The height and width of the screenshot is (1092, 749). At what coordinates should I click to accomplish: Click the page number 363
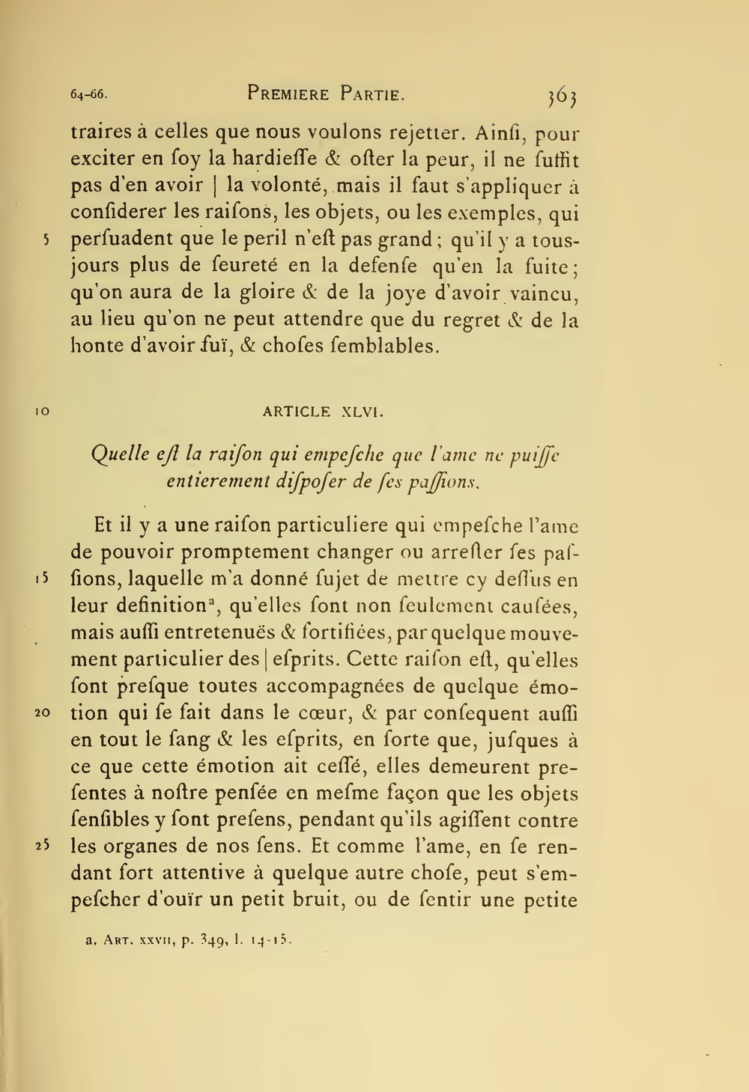pos(562,96)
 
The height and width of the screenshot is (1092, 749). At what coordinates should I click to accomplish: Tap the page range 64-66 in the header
pos(89,95)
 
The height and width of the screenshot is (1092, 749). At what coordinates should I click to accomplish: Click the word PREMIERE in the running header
pos(288,94)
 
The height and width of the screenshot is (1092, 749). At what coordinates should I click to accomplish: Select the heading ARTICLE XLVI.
pos(324,412)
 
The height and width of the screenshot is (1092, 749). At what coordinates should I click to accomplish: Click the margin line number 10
pos(42,412)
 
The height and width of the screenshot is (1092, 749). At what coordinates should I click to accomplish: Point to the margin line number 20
pos(42,713)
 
